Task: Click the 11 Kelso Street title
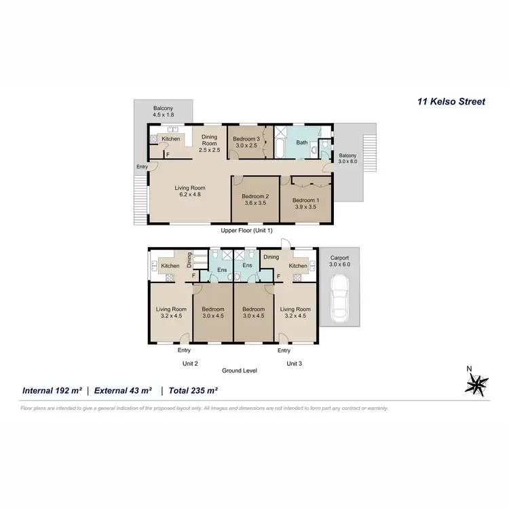point(451,102)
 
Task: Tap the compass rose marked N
point(476,385)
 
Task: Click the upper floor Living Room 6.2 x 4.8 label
point(189,191)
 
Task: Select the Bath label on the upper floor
point(302,143)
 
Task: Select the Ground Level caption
point(240,371)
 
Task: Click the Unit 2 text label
point(190,364)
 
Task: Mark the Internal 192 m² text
point(52,391)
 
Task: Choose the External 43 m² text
point(123,391)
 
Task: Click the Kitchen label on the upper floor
point(170,139)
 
